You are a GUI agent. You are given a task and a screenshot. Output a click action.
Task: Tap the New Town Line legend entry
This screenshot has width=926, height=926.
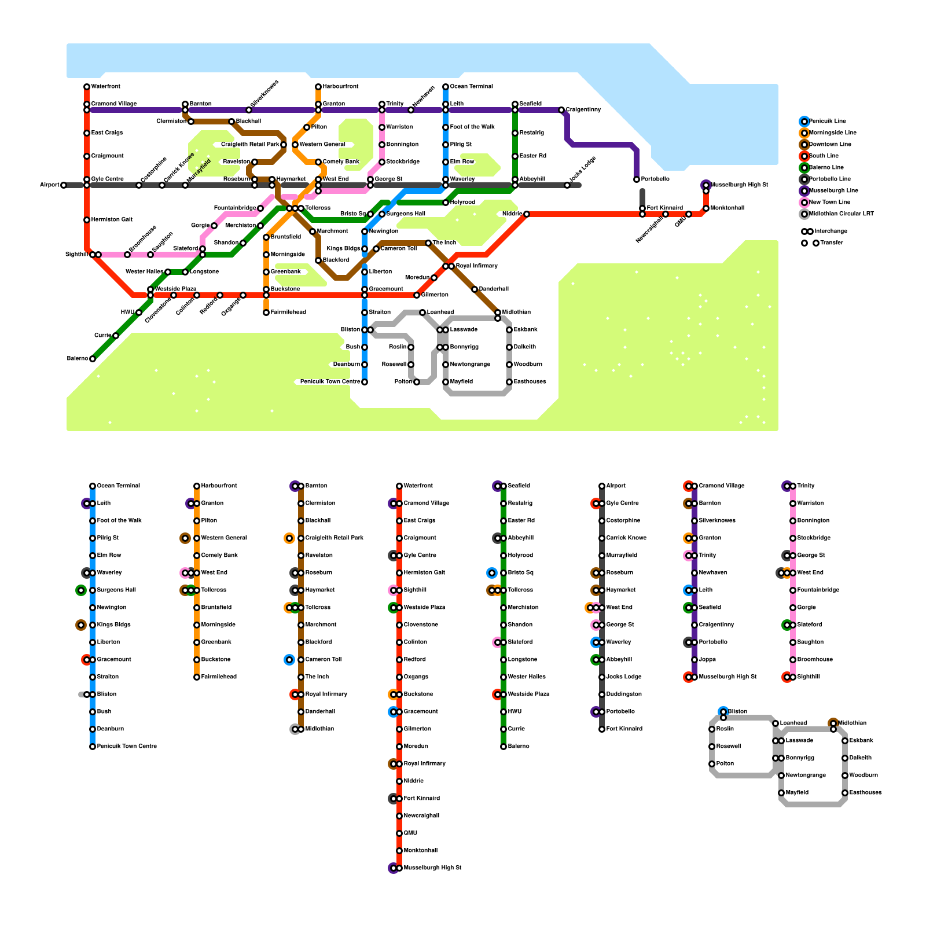829,203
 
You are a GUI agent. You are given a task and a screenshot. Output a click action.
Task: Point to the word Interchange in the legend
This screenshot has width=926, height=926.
831,231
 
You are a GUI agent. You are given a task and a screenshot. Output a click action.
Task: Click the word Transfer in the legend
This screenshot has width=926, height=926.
831,243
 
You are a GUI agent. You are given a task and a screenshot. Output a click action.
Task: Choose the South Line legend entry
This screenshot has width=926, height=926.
824,156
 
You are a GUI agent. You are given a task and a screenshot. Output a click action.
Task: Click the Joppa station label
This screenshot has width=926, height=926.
707,660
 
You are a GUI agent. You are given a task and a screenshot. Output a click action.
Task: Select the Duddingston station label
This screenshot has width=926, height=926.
623,694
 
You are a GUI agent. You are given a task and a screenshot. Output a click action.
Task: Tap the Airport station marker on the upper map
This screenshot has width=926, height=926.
64,185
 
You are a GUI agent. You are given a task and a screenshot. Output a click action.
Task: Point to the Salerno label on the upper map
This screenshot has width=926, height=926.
77,359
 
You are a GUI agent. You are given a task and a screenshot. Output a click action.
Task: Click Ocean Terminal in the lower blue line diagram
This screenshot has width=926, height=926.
118,486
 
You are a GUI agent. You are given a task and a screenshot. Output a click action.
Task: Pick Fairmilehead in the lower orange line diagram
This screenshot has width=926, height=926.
219,677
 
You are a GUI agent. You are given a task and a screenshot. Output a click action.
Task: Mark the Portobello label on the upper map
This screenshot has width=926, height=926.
655,179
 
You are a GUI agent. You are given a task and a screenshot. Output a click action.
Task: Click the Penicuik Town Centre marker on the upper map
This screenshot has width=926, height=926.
365,382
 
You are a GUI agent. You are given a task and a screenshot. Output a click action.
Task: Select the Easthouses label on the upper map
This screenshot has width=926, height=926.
530,382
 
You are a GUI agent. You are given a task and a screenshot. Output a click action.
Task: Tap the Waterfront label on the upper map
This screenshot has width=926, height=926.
106,87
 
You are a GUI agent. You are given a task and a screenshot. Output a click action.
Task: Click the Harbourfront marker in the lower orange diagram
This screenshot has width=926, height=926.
197,486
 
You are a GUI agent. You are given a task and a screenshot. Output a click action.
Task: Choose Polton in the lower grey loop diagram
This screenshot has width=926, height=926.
725,764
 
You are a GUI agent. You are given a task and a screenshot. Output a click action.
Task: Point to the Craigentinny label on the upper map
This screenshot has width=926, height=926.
583,110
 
